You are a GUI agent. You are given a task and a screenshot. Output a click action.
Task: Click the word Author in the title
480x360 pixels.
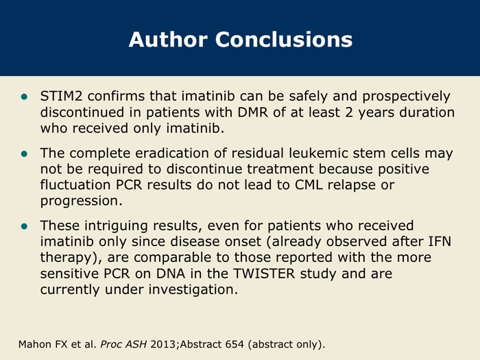[168, 40]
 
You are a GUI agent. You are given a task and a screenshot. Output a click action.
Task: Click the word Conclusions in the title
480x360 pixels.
[284, 40]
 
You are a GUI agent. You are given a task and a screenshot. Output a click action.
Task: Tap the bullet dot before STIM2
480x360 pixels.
[24, 97]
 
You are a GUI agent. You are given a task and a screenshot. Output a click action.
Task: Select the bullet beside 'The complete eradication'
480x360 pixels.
[24, 154]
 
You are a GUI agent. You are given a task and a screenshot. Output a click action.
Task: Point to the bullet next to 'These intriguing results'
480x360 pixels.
[24, 226]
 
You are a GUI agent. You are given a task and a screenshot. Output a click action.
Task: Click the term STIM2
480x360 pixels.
[61, 96]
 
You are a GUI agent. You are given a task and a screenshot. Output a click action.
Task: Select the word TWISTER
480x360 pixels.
[264, 274]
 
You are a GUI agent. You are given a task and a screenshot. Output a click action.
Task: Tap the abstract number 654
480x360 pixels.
[235, 344]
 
